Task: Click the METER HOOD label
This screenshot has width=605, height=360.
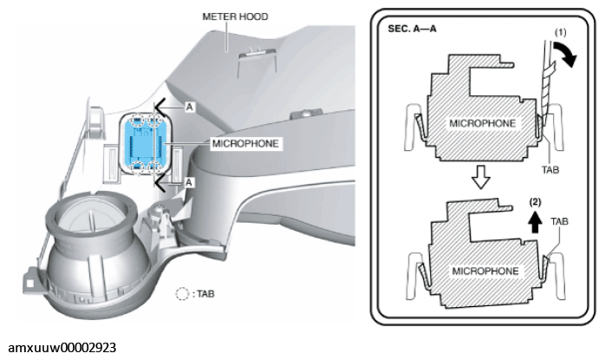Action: click(x=235, y=16)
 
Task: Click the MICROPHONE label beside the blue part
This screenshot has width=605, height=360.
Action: click(x=245, y=144)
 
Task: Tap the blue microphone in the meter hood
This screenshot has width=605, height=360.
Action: click(x=146, y=144)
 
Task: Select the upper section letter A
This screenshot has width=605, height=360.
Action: click(x=189, y=107)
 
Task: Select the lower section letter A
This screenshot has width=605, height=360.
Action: click(x=189, y=182)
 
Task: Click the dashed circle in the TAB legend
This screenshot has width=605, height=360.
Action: click(x=182, y=294)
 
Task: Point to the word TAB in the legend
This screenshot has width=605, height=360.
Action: click(x=205, y=294)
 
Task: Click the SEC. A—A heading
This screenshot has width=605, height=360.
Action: click(x=412, y=29)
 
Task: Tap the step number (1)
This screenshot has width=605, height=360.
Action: click(x=560, y=32)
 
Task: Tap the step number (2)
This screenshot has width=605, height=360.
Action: click(x=535, y=201)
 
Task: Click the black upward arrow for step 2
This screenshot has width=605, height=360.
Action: click(x=535, y=222)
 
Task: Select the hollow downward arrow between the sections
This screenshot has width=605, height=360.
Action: click(x=480, y=177)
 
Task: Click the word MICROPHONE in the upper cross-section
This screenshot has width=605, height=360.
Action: click(x=482, y=123)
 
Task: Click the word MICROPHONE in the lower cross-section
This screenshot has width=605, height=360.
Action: click(x=485, y=271)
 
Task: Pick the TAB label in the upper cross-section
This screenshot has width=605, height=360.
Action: click(x=550, y=170)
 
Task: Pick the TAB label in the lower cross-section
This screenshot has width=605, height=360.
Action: click(x=559, y=221)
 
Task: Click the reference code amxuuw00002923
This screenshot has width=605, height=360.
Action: click(x=62, y=348)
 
